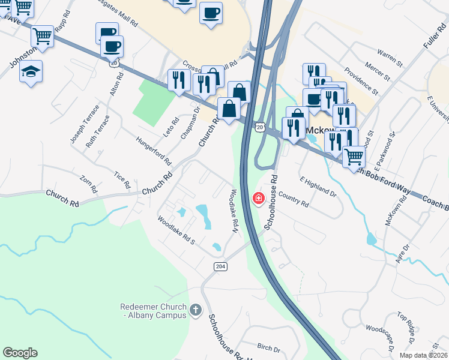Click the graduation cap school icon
pos(31,72)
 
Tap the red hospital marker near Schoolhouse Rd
pos(259,198)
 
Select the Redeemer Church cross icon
pos(195,310)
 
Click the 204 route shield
pos(219,266)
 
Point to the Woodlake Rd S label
pos(176,232)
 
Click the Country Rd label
pos(294,201)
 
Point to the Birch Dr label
pos(268,348)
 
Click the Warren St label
pos(390,59)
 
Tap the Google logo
pos(20,353)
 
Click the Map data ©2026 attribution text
pos(423,355)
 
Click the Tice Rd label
pos(122,179)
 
